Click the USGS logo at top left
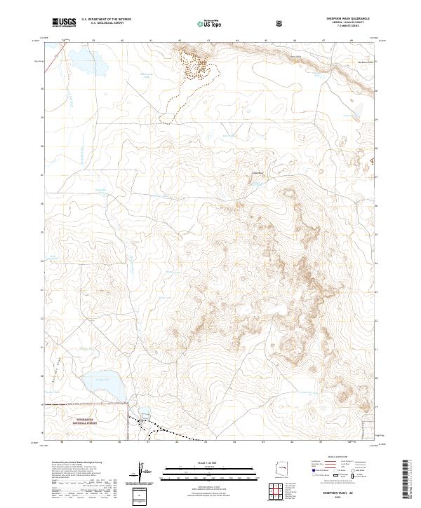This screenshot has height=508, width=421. point(65,22)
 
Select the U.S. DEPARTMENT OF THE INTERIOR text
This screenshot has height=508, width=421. point(106,19)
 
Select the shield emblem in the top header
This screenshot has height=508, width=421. point(281,22)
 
